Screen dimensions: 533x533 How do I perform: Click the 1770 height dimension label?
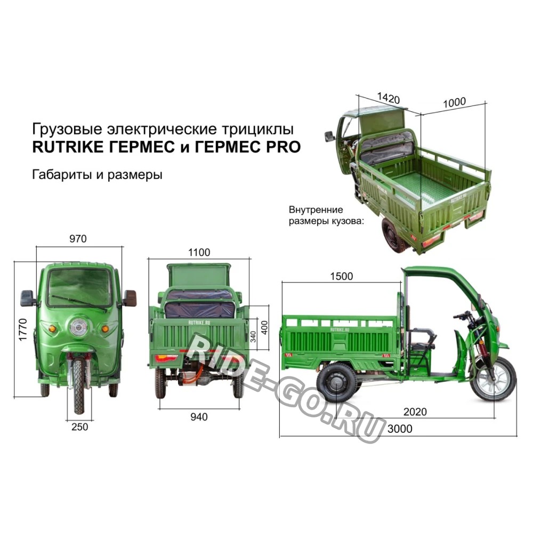tap(23, 329)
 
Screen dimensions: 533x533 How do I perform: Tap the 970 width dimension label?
tap(78, 239)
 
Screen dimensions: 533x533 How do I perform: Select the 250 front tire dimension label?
tap(80, 426)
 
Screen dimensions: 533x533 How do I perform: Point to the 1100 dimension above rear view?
tap(199, 253)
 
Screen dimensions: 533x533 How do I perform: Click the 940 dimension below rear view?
tap(199, 417)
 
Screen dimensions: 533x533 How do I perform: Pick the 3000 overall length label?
tap(400, 429)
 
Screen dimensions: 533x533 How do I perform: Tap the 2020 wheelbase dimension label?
tap(415, 411)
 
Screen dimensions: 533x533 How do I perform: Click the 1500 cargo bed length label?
tap(342, 276)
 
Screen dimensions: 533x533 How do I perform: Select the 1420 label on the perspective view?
tap(389, 98)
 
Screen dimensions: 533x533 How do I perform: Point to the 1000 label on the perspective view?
tap(454, 102)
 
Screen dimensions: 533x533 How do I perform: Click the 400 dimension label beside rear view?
tap(265, 328)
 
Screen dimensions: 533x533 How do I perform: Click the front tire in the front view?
tap(79, 386)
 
